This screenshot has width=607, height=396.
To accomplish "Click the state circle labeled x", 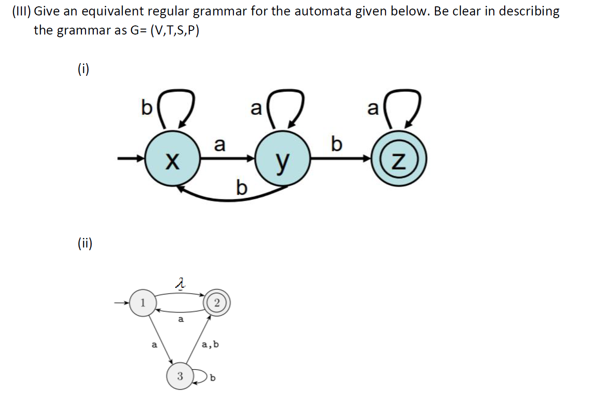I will (172, 159).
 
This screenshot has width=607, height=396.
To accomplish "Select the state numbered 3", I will (180, 376).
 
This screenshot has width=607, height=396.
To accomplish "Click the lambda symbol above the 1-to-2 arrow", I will (181, 284).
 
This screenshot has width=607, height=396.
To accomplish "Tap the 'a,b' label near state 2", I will (210, 344).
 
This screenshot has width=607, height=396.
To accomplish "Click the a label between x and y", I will (220, 144).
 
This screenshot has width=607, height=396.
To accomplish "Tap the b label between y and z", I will (336, 144).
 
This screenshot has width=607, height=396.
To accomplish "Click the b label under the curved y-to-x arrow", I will (242, 187).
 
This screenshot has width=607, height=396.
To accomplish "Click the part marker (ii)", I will (85, 243).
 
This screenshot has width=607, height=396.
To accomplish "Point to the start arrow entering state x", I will (131, 159).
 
